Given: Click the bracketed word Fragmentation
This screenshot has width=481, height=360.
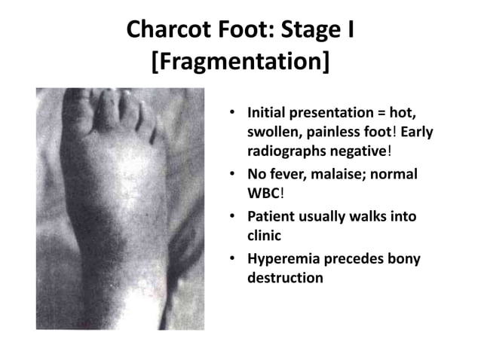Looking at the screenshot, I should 240,63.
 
